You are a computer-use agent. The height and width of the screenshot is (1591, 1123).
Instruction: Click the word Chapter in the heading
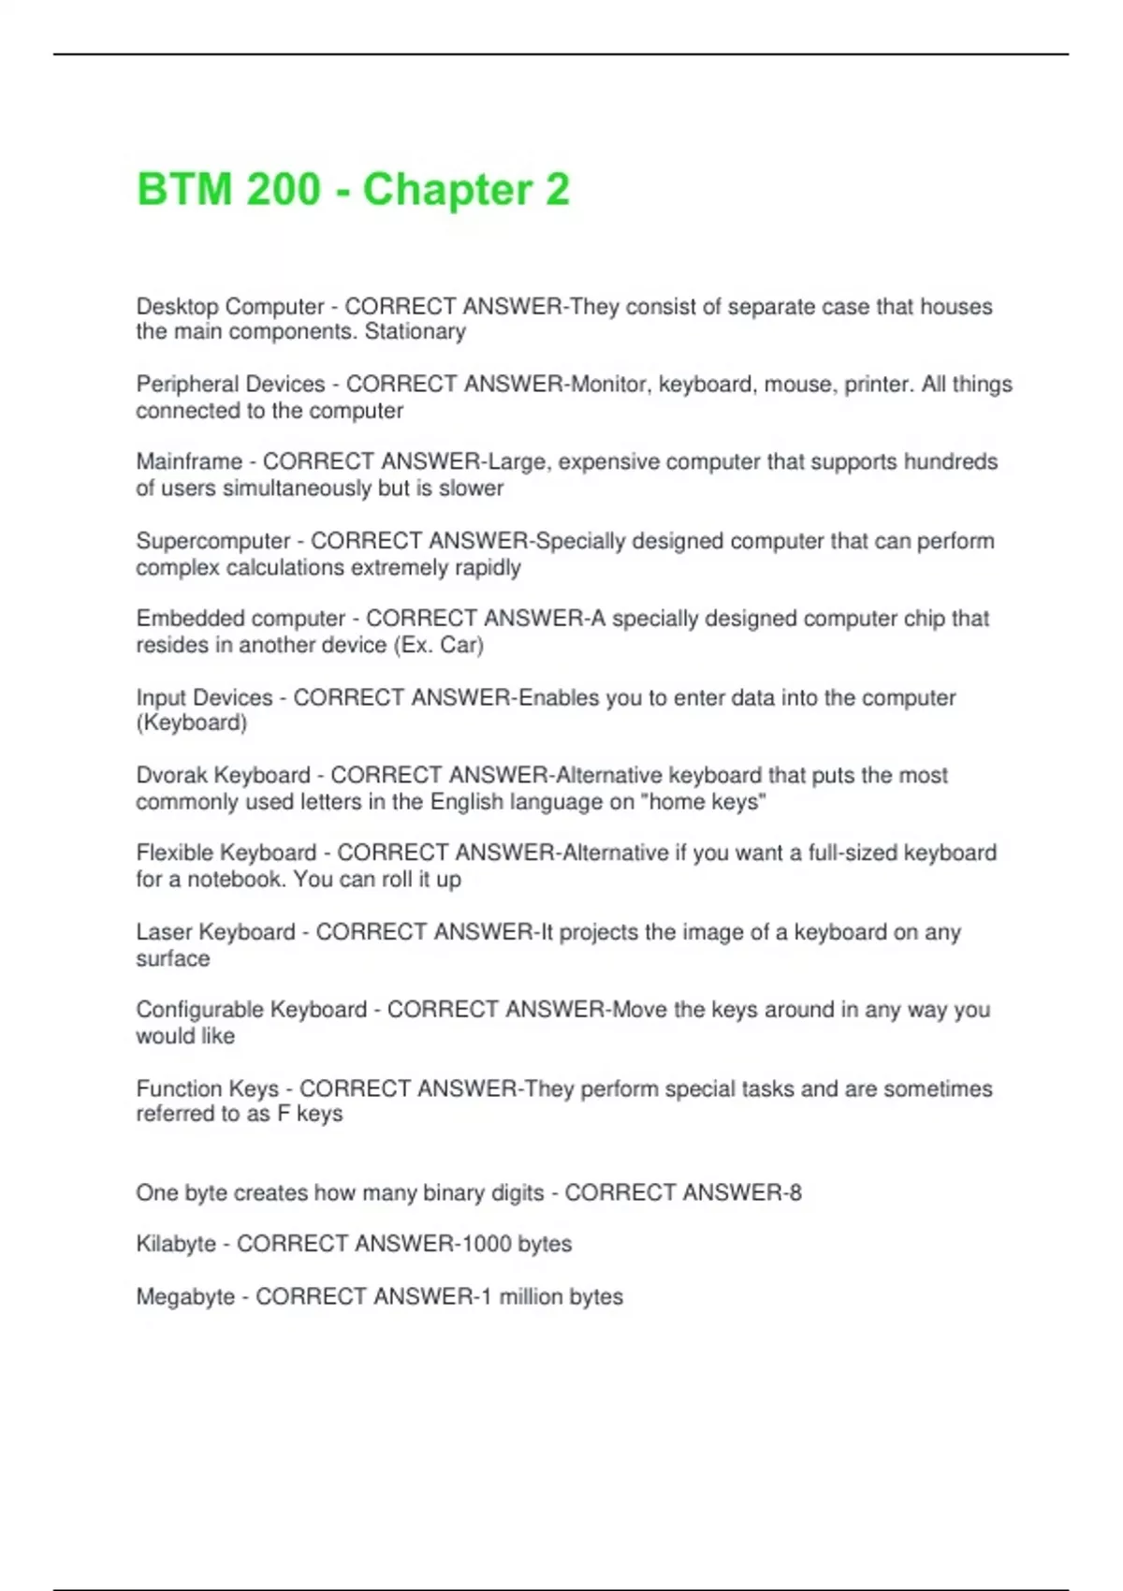[x=447, y=190]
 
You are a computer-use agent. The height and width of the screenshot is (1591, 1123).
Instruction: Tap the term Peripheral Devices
[x=230, y=385]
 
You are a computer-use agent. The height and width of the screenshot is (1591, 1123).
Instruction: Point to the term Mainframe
[x=189, y=462]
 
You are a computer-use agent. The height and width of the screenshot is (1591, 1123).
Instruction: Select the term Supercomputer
[x=213, y=541]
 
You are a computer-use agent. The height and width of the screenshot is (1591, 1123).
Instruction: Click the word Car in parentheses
[x=460, y=645]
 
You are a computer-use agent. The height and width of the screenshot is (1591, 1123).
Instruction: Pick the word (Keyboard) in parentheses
[x=192, y=723]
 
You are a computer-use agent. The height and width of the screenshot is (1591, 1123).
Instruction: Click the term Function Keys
[x=208, y=1088]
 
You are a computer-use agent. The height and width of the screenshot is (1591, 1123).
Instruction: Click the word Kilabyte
[x=176, y=1244]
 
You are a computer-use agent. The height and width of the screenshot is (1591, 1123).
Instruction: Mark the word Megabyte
[x=185, y=1297]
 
